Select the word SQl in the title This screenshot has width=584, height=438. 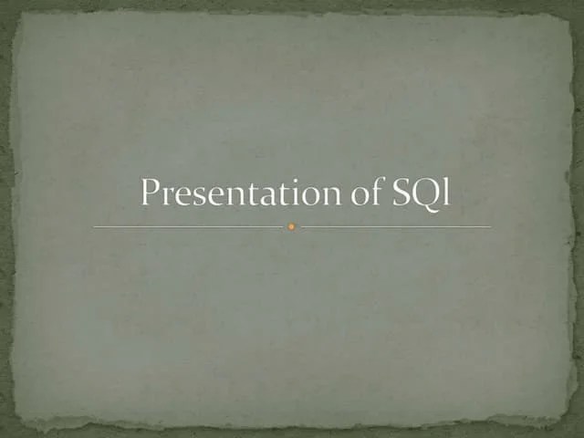419,193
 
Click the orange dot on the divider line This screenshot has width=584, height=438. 291,226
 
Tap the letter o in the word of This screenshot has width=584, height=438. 352,196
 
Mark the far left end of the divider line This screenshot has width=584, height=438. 95,226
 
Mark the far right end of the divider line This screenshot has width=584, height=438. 489,226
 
